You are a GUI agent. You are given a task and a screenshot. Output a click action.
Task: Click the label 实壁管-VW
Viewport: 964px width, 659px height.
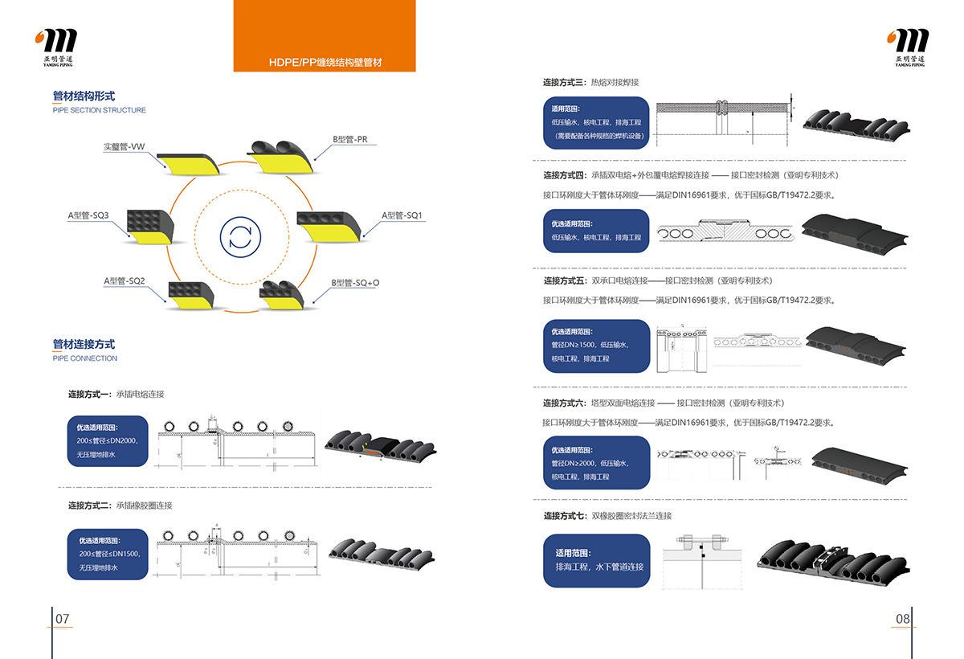click(124, 147)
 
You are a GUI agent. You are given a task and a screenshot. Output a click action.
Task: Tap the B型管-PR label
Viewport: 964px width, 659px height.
click(350, 139)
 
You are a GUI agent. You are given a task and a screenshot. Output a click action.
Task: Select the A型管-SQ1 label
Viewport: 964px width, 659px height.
click(402, 215)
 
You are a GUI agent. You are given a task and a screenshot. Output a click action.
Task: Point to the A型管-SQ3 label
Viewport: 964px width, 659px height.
click(88, 215)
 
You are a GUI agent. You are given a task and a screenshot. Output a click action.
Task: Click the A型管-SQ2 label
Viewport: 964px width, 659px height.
click(124, 280)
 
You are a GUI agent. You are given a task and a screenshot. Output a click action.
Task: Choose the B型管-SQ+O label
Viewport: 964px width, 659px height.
click(355, 283)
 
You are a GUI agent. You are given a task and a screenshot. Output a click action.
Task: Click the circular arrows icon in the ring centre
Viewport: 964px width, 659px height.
click(240, 236)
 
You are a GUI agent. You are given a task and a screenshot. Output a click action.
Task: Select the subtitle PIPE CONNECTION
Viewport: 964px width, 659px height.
click(85, 358)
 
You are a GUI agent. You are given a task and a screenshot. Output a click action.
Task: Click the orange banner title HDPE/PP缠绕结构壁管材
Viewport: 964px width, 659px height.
click(325, 63)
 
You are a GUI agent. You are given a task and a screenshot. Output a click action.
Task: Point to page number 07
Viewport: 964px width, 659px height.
click(63, 619)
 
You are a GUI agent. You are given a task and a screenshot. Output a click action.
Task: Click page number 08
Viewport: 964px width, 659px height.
click(902, 619)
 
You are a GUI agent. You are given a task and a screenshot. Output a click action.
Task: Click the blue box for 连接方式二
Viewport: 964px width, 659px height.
click(108, 554)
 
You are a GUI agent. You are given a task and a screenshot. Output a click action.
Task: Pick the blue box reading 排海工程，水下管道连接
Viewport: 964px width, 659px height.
click(596, 560)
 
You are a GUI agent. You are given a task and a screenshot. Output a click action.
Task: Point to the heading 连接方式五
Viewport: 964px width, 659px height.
click(565, 280)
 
